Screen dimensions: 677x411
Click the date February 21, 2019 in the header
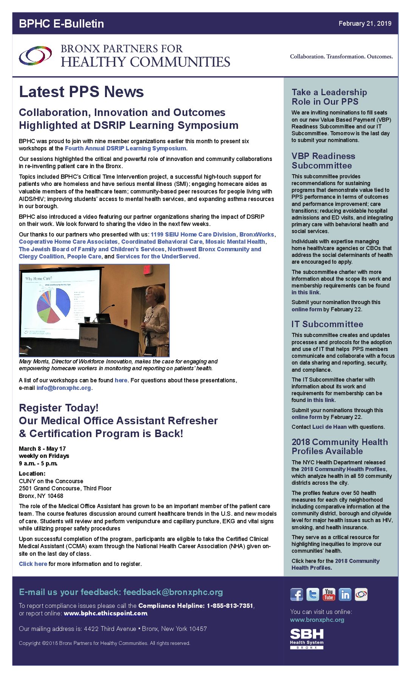365,23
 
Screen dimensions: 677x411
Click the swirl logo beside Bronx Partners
35,56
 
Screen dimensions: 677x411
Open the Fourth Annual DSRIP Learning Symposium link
125,148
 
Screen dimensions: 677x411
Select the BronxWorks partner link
256,235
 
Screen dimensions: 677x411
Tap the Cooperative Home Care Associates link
68,242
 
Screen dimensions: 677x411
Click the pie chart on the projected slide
54,305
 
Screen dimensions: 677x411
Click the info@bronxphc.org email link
63,388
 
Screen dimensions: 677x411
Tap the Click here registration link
33,564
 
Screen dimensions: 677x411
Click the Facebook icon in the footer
297,595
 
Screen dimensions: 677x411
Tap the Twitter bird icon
313,595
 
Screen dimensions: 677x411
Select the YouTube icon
329,595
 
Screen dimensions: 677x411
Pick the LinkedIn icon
345,595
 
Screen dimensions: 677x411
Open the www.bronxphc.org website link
317,620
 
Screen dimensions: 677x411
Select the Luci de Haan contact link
329,427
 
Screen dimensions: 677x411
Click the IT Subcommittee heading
327,324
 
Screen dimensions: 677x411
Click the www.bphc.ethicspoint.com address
105,614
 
